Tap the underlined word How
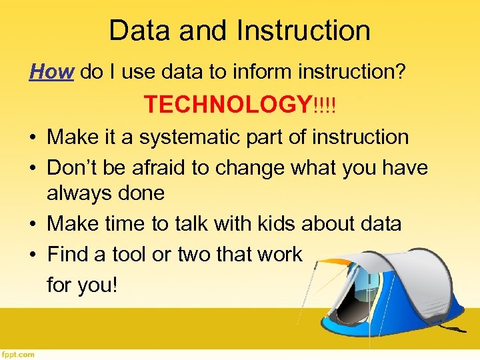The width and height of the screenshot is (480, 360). pos(51,72)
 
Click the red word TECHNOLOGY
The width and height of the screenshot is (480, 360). pos(227,105)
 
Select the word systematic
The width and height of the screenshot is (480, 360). pos(178,137)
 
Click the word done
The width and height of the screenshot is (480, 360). pos(142,194)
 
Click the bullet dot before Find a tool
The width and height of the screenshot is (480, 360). pos(32,254)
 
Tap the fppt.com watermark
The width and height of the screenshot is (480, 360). pos(18,354)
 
